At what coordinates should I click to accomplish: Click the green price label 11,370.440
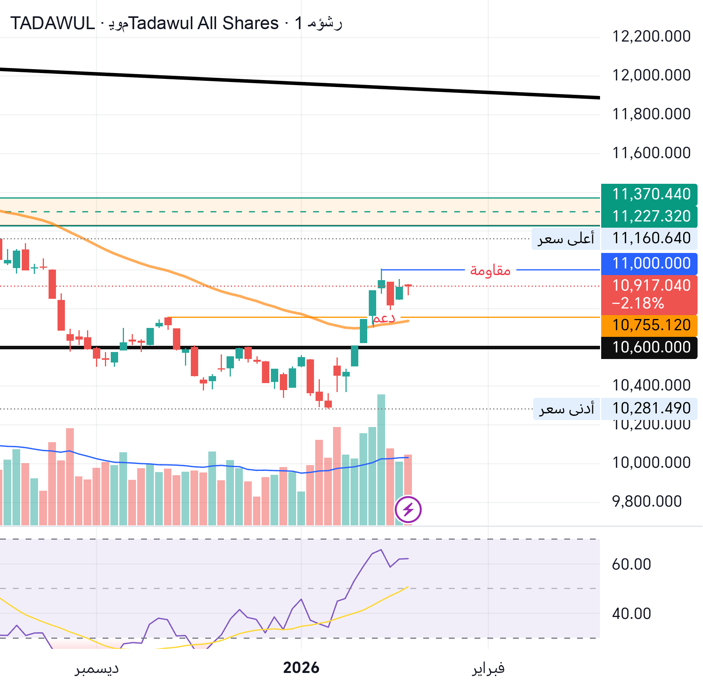(x=651, y=194)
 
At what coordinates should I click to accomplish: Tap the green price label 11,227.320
(x=651, y=216)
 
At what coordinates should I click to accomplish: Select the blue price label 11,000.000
(x=651, y=263)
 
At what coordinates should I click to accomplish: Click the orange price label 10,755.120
(x=651, y=325)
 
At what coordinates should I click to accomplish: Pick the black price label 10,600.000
(x=651, y=347)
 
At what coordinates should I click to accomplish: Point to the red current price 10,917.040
(x=651, y=286)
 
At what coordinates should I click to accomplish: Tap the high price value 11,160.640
(x=651, y=238)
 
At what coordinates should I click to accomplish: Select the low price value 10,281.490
(x=651, y=408)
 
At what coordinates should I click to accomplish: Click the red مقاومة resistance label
(x=490, y=270)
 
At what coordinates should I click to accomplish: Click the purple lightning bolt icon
(x=408, y=509)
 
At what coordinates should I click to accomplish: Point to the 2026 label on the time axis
(x=301, y=668)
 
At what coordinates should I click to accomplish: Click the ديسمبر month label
(x=97, y=669)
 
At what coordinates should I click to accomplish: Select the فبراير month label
(x=488, y=669)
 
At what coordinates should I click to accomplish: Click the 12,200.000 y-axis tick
(x=651, y=37)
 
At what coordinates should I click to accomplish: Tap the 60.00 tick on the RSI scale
(x=631, y=564)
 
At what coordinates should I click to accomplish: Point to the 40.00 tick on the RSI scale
(x=631, y=614)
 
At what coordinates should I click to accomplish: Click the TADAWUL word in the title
(x=52, y=23)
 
